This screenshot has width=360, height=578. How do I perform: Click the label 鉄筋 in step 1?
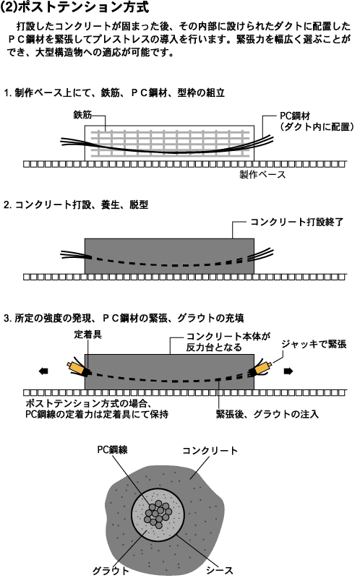pos(82,115)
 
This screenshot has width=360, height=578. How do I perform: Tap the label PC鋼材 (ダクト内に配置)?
pos(317,121)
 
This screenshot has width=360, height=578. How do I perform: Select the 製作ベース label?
pos(262,174)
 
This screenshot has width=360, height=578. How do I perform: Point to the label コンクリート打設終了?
pos(297,222)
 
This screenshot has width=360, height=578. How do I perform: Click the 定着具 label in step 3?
pos(87,335)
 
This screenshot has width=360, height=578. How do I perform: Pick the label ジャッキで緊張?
pos(314,345)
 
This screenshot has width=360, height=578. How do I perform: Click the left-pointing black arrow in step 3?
pos(43,371)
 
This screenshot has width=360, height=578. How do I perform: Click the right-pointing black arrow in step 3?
pos(288,371)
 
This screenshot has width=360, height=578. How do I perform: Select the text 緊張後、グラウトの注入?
pos(267,414)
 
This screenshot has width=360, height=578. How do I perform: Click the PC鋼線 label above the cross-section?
pos(113,449)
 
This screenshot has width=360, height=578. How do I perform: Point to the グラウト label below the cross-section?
pos(111,571)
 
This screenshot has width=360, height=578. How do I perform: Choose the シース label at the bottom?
pos(220,570)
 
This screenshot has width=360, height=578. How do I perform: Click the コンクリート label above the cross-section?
pos(210,450)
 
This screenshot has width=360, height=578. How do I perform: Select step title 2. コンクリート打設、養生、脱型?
pos(76,204)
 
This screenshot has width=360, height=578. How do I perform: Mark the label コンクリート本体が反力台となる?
pos(228,342)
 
